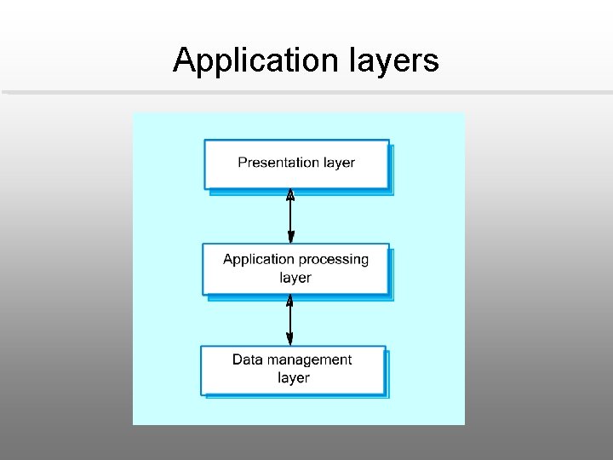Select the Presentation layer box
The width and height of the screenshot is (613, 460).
(x=296, y=164)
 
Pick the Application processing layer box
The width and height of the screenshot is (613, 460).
(x=295, y=269)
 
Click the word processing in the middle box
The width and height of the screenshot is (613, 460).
(x=335, y=259)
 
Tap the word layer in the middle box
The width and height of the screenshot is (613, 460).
(x=295, y=278)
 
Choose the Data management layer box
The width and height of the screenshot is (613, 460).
(x=293, y=369)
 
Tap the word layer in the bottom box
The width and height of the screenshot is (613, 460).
(x=293, y=377)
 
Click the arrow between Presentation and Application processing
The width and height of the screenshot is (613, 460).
(x=290, y=217)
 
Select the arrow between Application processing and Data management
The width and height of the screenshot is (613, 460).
(x=290, y=320)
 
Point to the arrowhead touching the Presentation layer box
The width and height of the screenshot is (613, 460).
(x=290, y=195)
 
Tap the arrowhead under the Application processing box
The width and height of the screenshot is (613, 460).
(x=290, y=301)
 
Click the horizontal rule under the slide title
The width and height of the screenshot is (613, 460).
(x=306, y=92)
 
